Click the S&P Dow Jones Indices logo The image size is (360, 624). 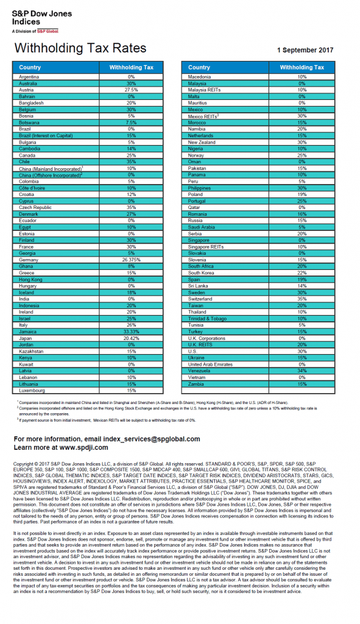41,21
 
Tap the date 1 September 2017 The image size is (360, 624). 305,50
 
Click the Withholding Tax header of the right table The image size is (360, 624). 302,68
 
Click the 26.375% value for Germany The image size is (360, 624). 131,260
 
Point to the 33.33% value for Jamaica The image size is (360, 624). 131,331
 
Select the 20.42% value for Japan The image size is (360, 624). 131,338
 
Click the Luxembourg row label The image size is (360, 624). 33,390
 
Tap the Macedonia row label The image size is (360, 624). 200,77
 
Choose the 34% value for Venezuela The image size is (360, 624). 302,370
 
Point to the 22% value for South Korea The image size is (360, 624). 302,272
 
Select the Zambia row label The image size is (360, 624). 197,384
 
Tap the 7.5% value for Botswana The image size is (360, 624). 131,122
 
